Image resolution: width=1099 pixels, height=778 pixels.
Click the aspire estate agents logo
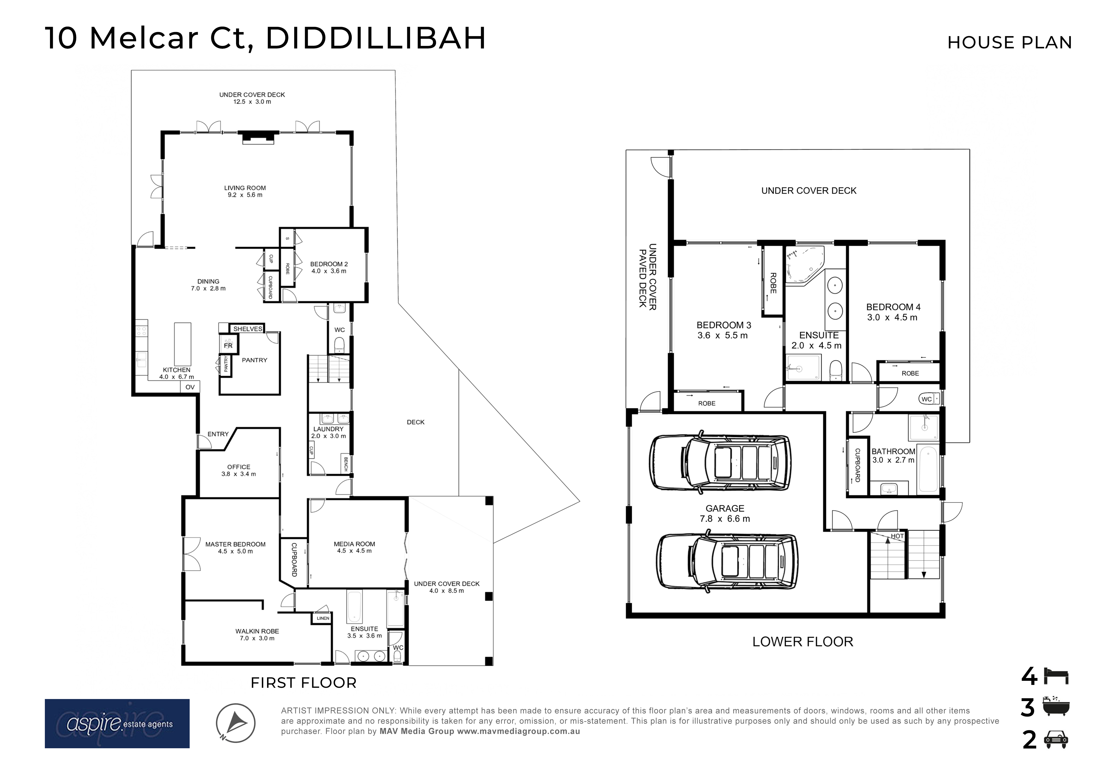coord(117,723)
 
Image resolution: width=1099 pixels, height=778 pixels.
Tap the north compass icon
coord(236,723)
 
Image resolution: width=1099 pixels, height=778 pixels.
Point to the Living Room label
coord(245,191)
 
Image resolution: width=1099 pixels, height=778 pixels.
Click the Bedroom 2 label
coord(329,267)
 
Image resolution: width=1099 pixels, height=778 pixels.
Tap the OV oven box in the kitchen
coord(190,387)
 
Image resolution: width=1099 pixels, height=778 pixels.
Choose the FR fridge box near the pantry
coord(228,345)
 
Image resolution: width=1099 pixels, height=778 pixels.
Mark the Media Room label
coord(354,547)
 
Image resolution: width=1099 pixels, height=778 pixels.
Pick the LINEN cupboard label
coord(323,619)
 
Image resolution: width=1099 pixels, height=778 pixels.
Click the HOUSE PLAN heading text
coord(1010,43)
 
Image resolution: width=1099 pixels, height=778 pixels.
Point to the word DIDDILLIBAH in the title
coord(376,38)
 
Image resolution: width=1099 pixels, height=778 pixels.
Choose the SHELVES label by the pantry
coord(248,329)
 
